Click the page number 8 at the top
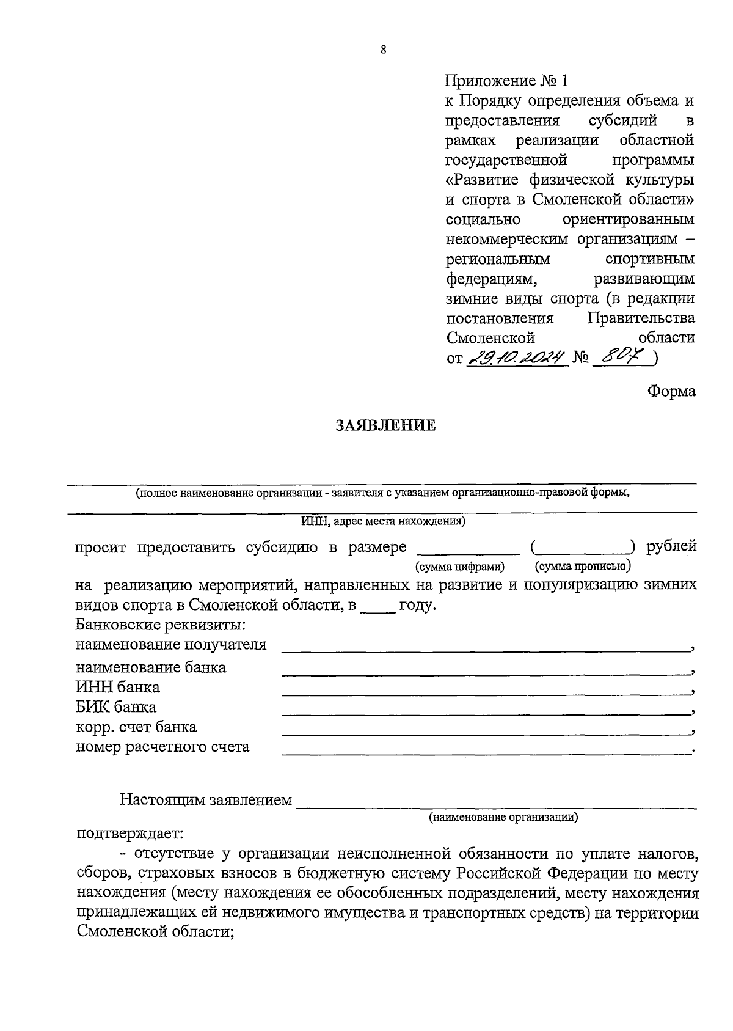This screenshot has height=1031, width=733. (383, 51)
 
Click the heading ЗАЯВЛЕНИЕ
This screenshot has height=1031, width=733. (386, 425)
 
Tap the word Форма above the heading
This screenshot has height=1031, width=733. (671, 391)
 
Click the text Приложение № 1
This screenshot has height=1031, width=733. (507, 81)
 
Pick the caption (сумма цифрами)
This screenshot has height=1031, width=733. (459, 567)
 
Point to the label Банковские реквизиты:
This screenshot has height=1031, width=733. (161, 625)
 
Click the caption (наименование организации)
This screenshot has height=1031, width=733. (503, 816)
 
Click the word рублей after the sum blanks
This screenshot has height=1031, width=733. (671, 546)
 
